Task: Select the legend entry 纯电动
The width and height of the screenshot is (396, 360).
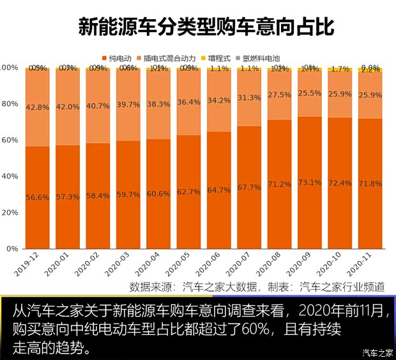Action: pos(121,57)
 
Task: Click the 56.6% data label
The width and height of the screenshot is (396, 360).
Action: pos(38,198)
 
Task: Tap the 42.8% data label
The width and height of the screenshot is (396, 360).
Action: pos(38,107)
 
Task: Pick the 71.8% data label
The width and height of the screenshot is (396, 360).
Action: pos(370,184)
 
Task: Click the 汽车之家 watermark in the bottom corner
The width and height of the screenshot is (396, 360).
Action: pos(377,352)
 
